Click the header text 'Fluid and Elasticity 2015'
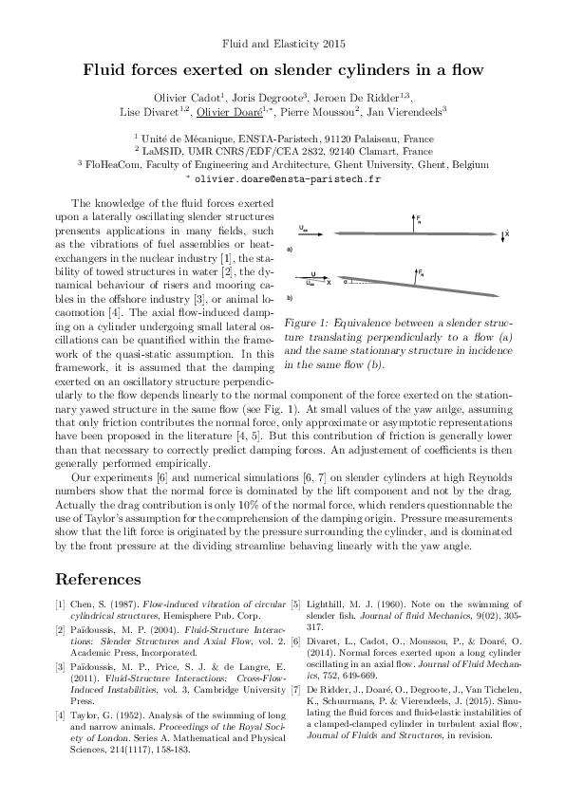coord(283,44)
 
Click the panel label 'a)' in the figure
coord(289,249)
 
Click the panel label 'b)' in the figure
coord(289,298)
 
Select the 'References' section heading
coord(99,579)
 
